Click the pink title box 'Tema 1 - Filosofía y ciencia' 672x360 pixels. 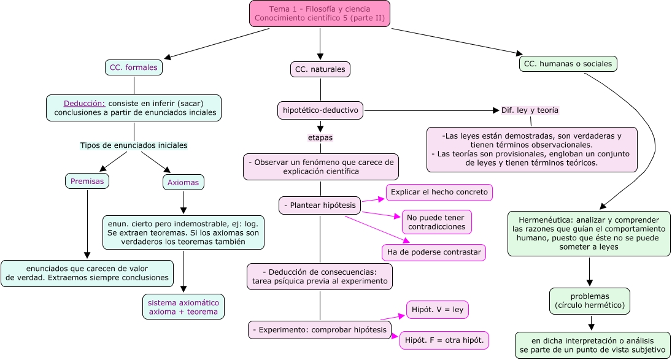(320, 13)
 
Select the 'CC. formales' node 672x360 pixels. (133, 67)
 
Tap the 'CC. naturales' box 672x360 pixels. (320, 70)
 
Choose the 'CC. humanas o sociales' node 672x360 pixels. (568, 64)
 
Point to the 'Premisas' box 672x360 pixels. (87, 182)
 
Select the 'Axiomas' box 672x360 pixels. (183, 182)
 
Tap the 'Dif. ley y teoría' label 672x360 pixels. (530, 110)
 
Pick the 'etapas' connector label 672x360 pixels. (320, 137)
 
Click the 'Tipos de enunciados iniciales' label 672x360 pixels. (134, 145)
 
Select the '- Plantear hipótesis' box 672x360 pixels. (320, 205)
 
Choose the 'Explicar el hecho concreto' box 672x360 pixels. (439, 193)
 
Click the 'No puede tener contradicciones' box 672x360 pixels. (436, 221)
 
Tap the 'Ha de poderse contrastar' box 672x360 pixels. (434, 252)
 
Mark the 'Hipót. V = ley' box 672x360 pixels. (438, 310)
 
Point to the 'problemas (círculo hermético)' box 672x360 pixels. (589, 301)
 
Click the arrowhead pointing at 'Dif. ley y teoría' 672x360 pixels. (496, 110)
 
